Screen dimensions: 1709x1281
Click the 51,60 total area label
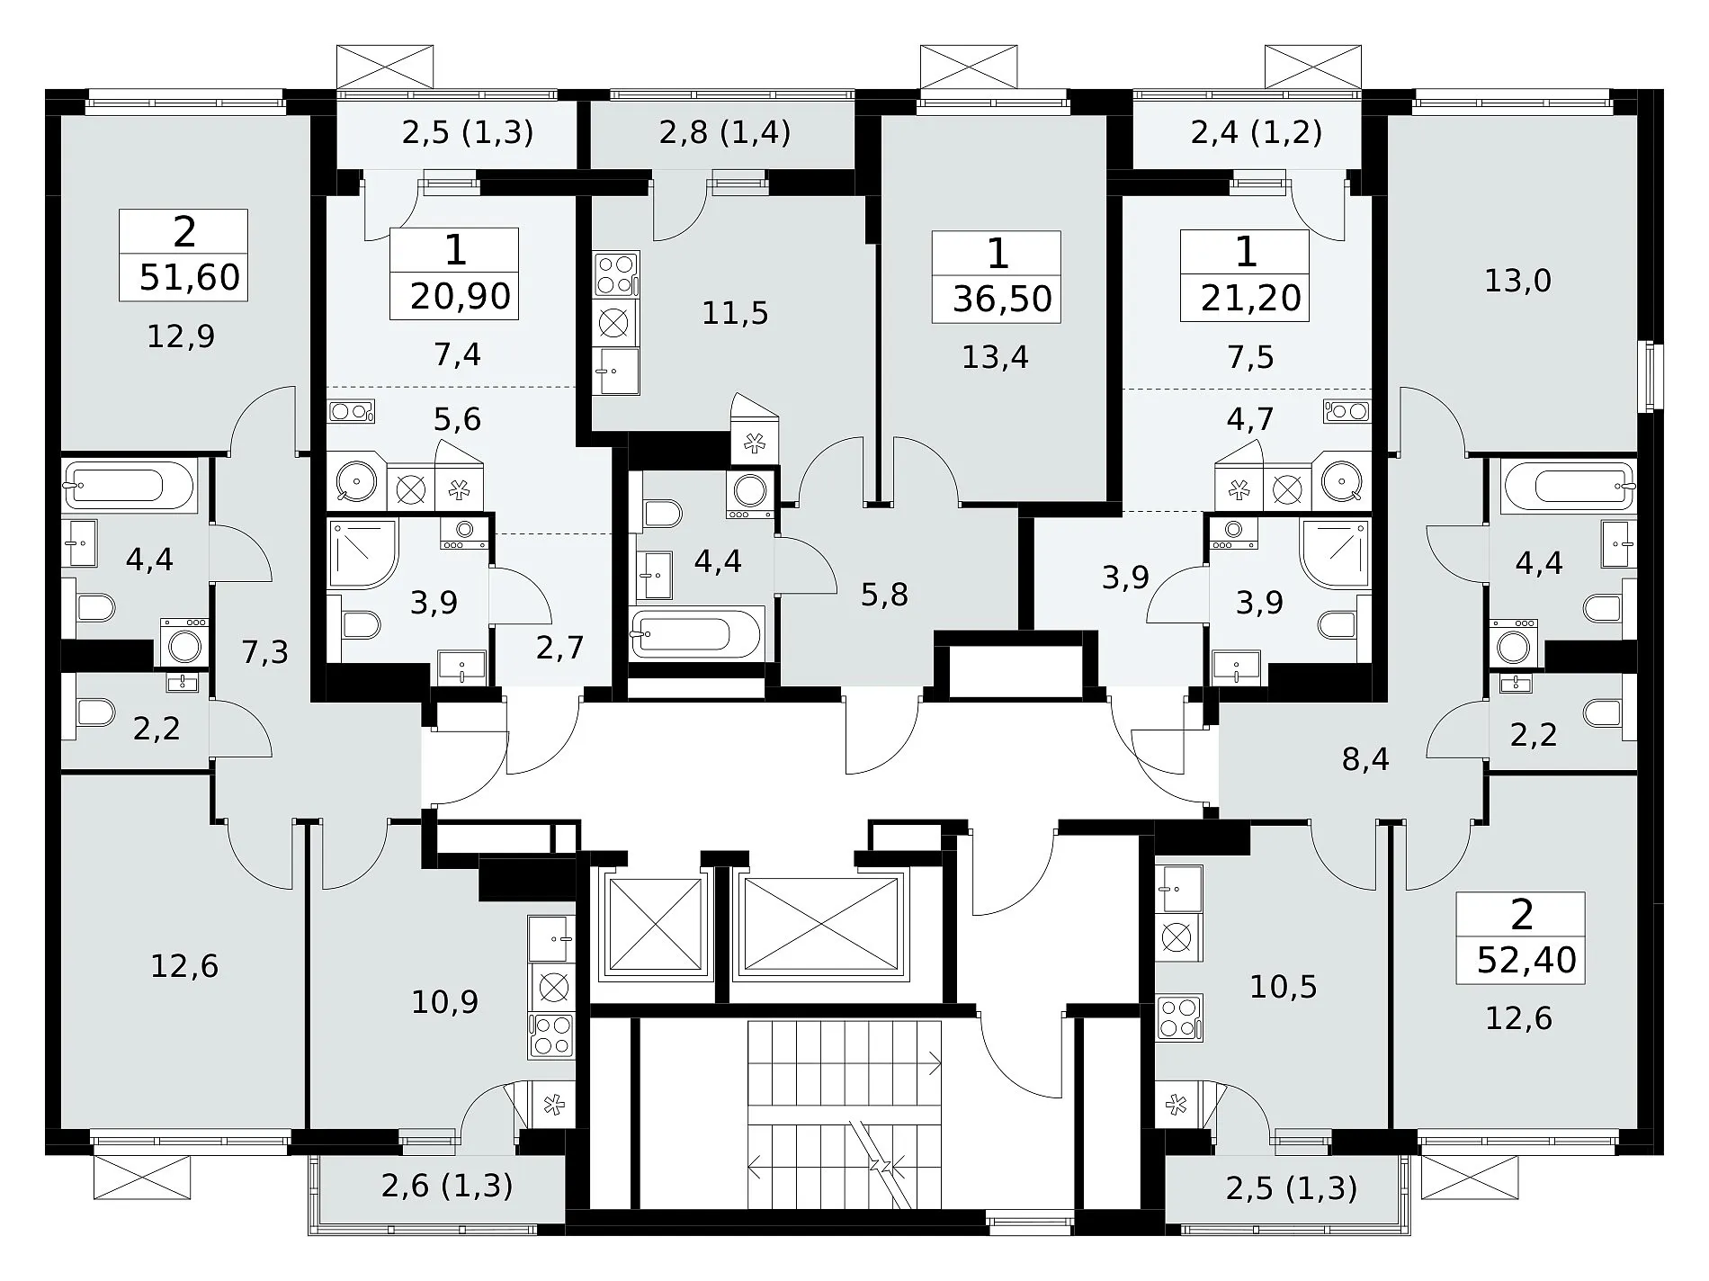(x=191, y=277)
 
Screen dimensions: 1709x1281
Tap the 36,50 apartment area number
(x=1002, y=299)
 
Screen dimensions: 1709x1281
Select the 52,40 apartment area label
(x=1527, y=960)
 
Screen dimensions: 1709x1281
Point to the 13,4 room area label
(x=995, y=358)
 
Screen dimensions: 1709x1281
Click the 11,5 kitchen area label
(x=735, y=313)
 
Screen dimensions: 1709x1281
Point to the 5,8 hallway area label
(x=884, y=595)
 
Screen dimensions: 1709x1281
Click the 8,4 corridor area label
(x=1365, y=760)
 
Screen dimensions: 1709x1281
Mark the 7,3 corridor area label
(x=264, y=650)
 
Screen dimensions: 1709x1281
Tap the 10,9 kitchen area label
(x=444, y=1001)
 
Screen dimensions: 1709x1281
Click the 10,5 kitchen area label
(x=1284, y=987)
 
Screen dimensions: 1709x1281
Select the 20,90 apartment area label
(x=461, y=295)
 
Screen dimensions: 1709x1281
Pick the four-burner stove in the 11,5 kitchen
(x=616, y=274)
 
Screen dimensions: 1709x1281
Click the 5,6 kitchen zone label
(x=457, y=419)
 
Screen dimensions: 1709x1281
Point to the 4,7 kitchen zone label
(x=1250, y=419)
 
